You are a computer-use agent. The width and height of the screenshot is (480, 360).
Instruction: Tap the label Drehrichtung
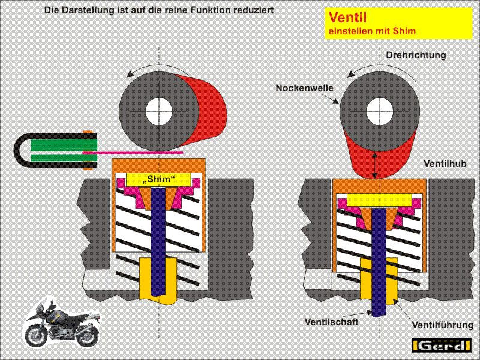pyautogui.click(x=416, y=55)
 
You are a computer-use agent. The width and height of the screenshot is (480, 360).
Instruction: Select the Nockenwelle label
pyautogui.click(x=304, y=88)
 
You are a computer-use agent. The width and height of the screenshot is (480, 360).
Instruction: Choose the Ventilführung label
pyautogui.click(x=442, y=325)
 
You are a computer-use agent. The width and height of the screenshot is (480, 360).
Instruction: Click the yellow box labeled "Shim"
pyautogui.click(x=160, y=179)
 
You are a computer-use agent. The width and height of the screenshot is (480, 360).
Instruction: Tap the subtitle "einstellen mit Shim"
pyautogui.click(x=372, y=31)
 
